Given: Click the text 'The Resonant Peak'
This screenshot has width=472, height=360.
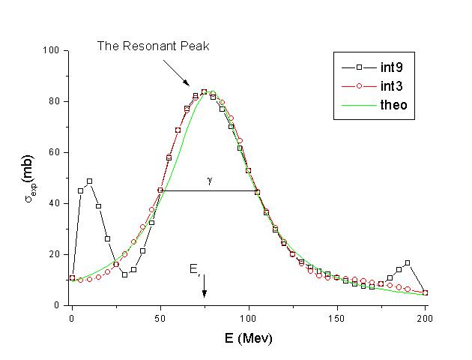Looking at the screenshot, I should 153,46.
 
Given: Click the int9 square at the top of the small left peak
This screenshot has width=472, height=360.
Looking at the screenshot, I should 89,181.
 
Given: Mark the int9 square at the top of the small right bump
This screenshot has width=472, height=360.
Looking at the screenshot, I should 408,262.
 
